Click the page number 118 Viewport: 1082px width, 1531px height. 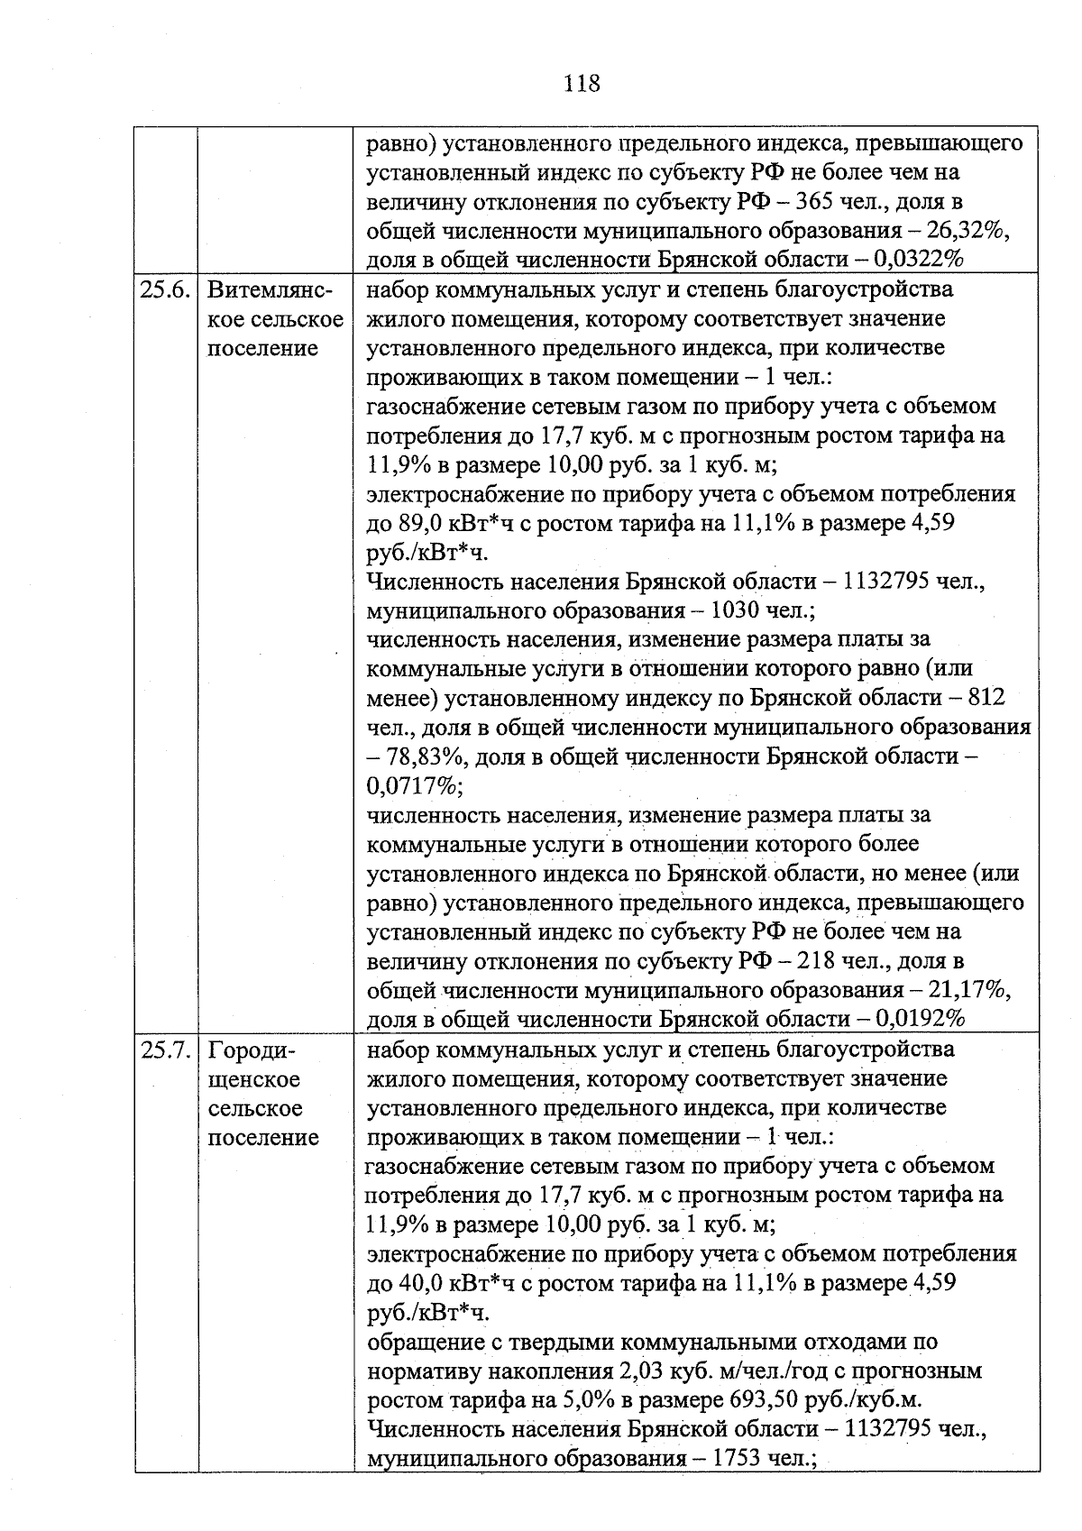coord(582,84)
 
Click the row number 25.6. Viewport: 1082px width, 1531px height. coord(165,290)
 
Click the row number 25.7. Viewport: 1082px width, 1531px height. coord(165,1050)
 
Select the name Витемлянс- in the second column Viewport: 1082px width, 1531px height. coord(270,290)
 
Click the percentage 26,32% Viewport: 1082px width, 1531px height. coord(967,231)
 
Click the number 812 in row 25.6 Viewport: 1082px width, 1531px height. coord(986,698)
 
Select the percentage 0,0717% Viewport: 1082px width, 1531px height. coord(413,785)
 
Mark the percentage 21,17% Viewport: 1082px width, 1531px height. coord(967,990)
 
